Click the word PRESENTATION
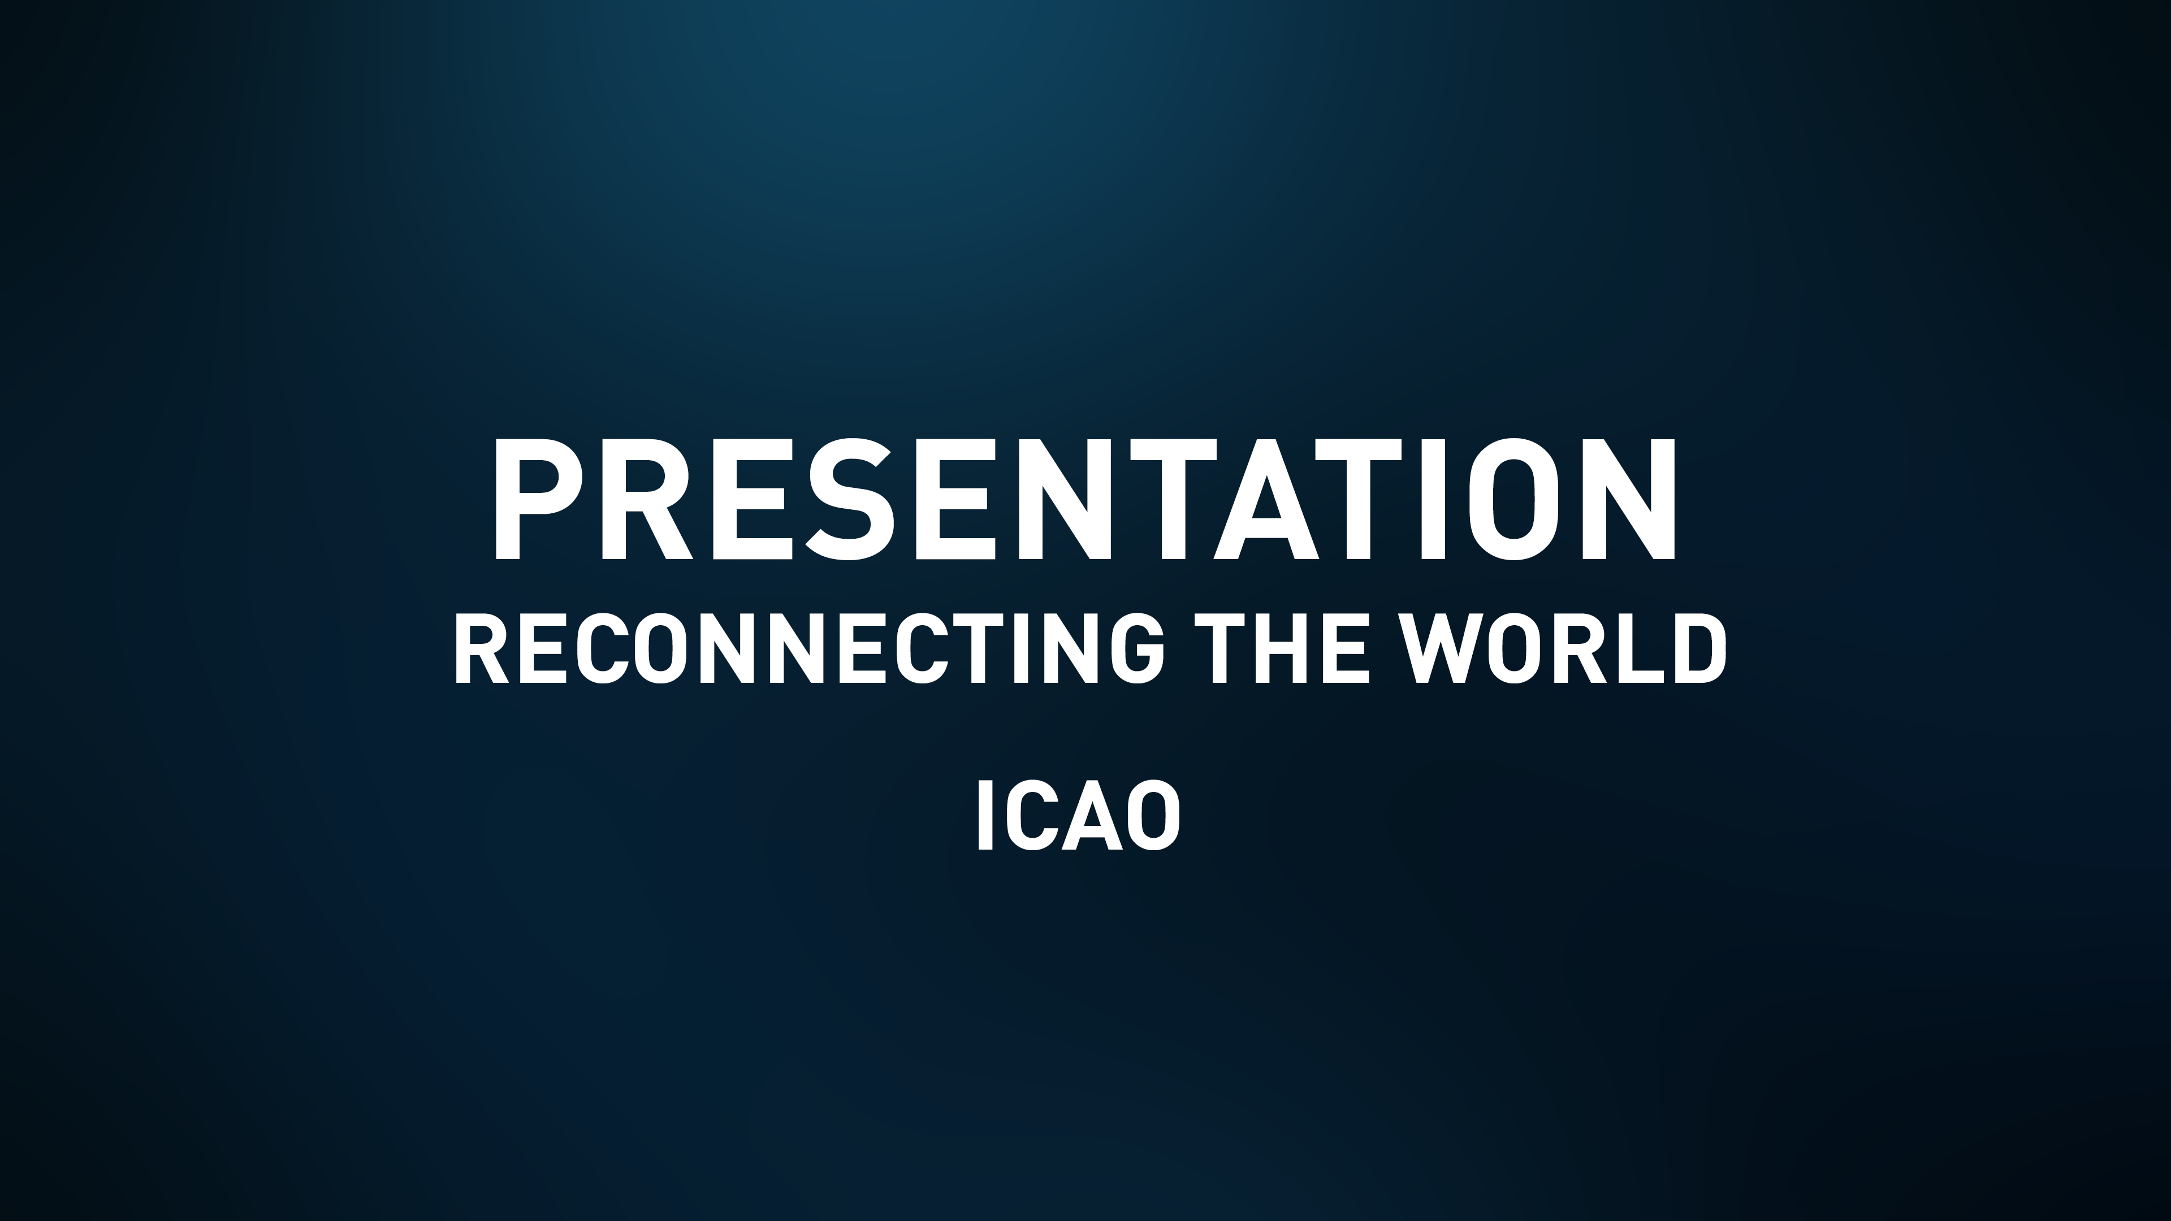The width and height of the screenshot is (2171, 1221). point(1085,499)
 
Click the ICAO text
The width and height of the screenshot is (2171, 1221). point(1079,816)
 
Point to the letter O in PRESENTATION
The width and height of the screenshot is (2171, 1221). point(1513,499)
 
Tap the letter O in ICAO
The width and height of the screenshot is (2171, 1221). point(1153,816)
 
